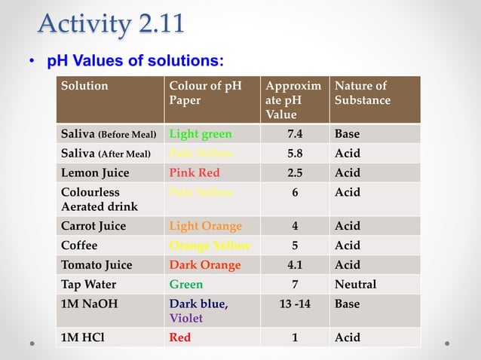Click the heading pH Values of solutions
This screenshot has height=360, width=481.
[135, 60]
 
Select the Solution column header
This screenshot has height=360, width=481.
[84, 86]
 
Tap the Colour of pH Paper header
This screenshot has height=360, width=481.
[205, 93]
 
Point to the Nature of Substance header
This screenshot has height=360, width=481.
[363, 93]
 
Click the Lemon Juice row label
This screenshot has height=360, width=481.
[95, 172]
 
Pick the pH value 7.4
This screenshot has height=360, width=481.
[295, 134]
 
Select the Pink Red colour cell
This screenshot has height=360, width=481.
[195, 172]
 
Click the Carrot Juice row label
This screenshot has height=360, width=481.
[93, 226]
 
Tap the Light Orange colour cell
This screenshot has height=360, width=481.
[206, 226]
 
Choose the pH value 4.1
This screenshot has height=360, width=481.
[295, 265]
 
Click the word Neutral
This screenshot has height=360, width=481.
[355, 285]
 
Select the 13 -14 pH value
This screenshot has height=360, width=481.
[295, 304]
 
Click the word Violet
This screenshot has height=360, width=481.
[186, 318]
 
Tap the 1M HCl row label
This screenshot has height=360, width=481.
[84, 337]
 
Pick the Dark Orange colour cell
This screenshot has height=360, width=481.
[205, 265]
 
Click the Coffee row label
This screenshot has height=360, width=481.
[79, 246]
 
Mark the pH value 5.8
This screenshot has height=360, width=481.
[295, 154]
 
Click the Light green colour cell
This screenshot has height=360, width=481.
[201, 134]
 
